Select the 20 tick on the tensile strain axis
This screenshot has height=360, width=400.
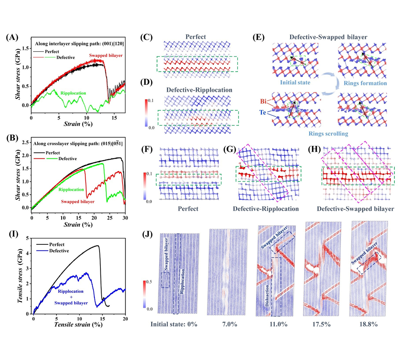tap(125, 318)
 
